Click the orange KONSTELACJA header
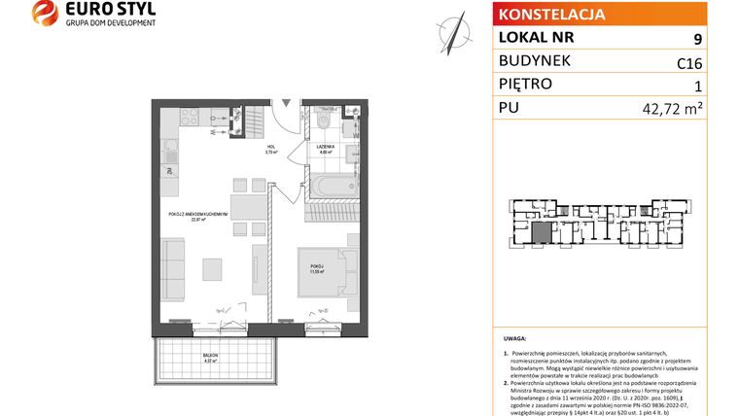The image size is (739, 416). point(550,15)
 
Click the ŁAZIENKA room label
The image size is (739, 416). point(324,149)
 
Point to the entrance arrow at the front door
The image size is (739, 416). point(285,100)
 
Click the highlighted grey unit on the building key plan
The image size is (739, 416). point(540,232)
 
